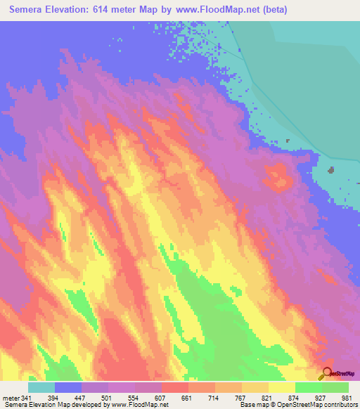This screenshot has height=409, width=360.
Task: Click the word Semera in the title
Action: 33,9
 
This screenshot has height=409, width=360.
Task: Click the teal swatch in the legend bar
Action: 41,388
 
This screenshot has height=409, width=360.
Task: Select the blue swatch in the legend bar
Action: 68,388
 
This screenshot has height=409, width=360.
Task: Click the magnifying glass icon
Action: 326,372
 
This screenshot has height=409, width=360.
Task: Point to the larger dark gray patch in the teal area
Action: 331,169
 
